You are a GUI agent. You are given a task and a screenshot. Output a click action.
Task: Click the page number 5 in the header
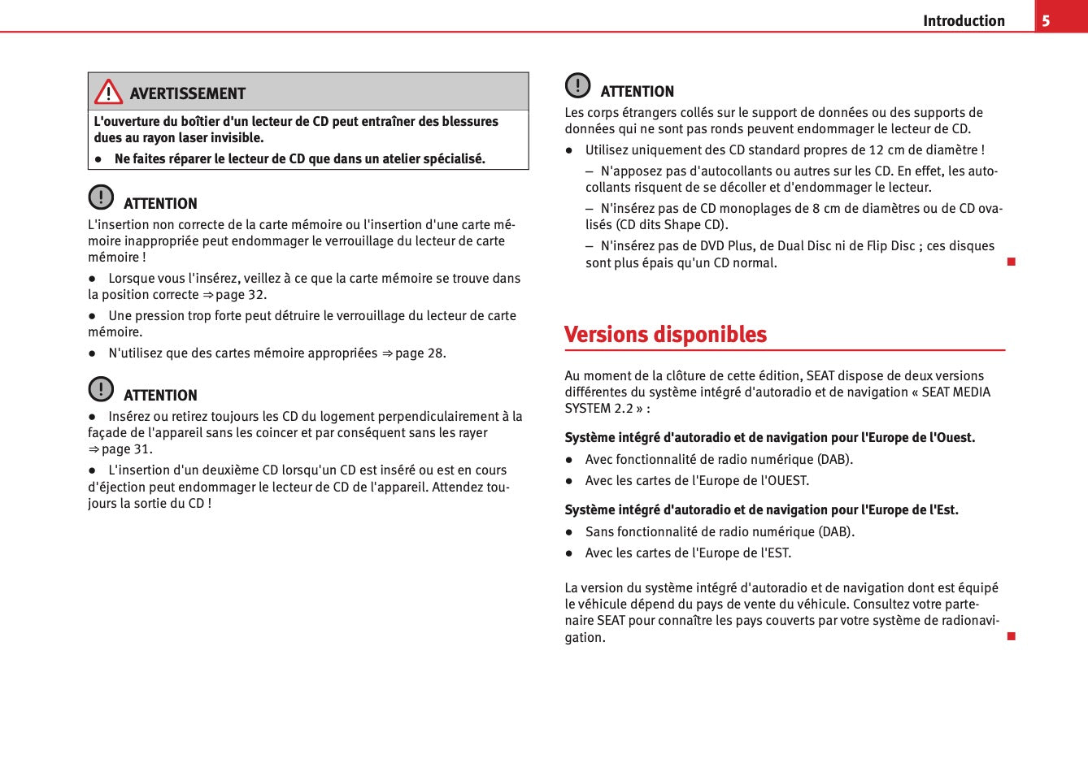1047,20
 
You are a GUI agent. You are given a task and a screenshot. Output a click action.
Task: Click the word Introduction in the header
964,21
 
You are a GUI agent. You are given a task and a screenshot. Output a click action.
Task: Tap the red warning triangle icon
108,93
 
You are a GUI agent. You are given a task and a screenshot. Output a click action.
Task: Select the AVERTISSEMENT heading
187,93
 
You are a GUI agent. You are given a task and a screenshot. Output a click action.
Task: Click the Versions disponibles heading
665,335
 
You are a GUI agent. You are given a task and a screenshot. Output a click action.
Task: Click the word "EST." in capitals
778,553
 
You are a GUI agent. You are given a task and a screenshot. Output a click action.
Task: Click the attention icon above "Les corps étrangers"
577,85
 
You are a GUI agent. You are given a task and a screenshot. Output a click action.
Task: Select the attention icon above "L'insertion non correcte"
101,197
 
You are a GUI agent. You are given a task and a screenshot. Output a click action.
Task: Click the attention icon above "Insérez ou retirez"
101,389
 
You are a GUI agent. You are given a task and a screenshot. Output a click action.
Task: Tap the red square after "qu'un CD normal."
1011,262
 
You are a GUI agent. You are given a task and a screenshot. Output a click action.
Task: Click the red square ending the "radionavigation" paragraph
1011,636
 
